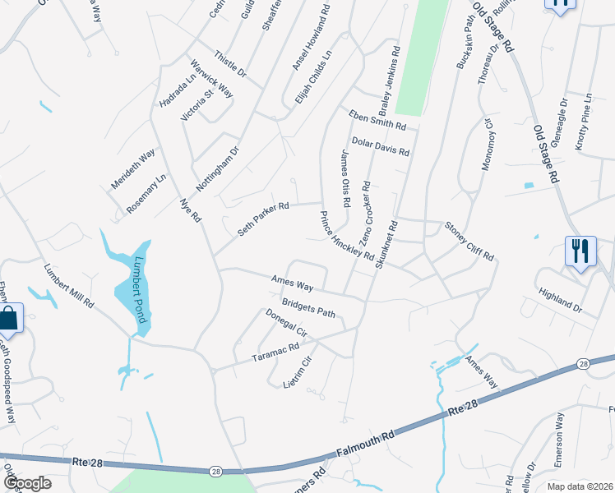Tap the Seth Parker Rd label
click(x=264, y=219)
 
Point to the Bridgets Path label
click(x=309, y=307)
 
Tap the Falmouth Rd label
click(x=367, y=443)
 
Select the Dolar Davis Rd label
click(x=381, y=146)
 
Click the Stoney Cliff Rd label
click(x=469, y=240)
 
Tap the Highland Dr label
click(x=559, y=302)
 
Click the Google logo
click(x=26, y=483)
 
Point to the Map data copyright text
click(x=580, y=486)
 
